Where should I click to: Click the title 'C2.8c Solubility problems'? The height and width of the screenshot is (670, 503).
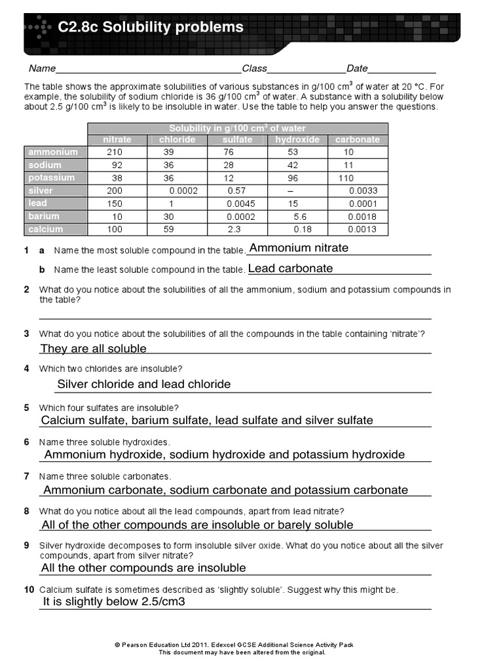(x=150, y=27)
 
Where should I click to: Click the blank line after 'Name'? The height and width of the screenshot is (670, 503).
(x=149, y=70)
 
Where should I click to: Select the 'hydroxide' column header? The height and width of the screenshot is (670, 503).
(x=297, y=140)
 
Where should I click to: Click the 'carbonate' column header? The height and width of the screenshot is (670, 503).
(x=357, y=140)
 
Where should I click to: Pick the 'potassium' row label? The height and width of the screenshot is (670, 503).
(x=52, y=178)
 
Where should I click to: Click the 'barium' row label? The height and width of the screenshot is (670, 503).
(x=44, y=217)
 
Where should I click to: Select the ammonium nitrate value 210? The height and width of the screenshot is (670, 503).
(x=115, y=152)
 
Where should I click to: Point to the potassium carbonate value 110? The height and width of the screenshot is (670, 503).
(x=346, y=178)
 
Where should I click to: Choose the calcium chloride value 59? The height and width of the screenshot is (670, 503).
(x=168, y=230)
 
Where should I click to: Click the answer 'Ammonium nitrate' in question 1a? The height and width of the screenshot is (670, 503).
(x=299, y=248)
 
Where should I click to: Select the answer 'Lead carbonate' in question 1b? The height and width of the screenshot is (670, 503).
(x=291, y=268)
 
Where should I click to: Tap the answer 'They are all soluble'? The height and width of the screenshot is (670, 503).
(x=94, y=349)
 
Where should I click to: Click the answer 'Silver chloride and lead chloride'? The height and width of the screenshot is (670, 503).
(x=144, y=384)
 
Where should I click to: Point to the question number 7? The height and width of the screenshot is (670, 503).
(x=26, y=476)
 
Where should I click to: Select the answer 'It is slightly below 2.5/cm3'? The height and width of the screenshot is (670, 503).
(x=115, y=601)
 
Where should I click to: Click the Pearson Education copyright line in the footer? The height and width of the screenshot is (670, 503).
(x=234, y=644)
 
